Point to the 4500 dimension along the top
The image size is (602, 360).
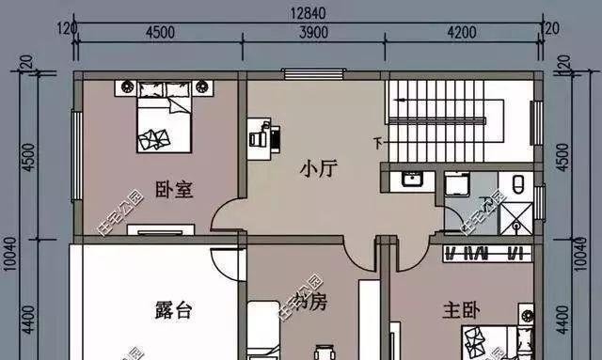[x=159, y=32]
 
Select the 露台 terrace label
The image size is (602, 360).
[x=172, y=308]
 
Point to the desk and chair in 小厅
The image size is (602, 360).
[x=262, y=136]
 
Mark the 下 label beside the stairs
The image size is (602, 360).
[x=378, y=144]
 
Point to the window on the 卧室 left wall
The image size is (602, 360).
[x=75, y=141]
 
